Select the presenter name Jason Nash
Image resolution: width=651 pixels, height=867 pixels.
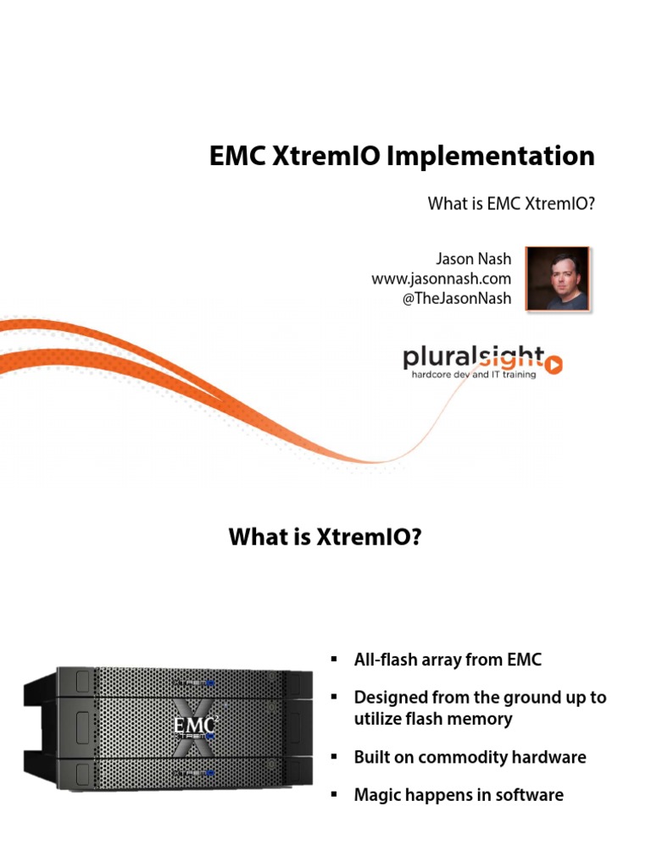click(x=473, y=259)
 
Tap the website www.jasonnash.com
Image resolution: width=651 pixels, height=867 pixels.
click(x=442, y=279)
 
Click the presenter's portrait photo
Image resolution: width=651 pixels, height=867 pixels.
click(x=557, y=278)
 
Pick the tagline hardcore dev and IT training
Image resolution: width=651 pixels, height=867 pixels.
click(x=473, y=374)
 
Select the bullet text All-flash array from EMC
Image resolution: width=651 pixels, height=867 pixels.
click(x=447, y=659)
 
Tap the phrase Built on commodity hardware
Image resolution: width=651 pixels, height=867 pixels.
click(x=470, y=757)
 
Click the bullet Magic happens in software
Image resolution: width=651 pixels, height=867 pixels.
click(x=459, y=795)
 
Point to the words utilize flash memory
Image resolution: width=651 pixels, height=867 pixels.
click(x=433, y=719)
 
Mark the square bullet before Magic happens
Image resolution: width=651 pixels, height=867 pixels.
click(x=334, y=795)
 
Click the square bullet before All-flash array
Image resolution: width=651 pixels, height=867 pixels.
click(x=334, y=659)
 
